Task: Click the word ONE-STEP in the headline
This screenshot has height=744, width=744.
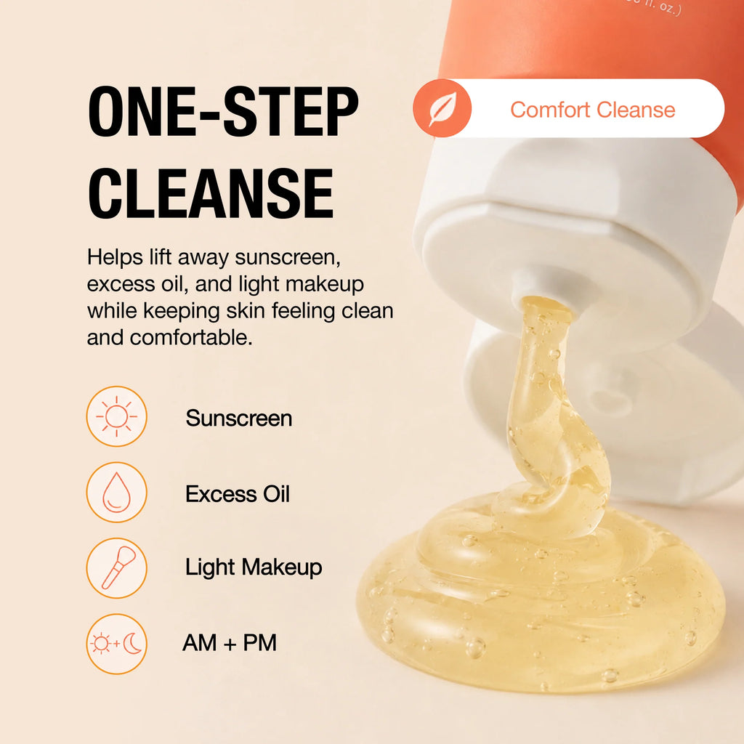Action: click(x=223, y=112)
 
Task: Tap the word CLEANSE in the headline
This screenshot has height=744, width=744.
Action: click(x=211, y=193)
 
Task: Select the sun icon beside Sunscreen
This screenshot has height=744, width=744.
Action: click(x=117, y=416)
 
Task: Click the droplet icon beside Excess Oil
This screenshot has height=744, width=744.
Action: click(x=117, y=492)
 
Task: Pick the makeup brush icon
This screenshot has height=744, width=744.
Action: click(x=117, y=568)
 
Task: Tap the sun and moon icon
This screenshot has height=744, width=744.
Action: click(x=117, y=644)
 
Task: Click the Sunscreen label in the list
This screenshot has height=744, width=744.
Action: click(x=238, y=418)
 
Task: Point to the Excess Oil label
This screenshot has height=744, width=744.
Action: click(x=238, y=494)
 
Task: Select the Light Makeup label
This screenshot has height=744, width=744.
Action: click(x=254, y=567)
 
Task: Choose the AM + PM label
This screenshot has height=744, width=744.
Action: click(x=230, y=643)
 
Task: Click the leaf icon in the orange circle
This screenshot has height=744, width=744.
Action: click(x=442, y=108)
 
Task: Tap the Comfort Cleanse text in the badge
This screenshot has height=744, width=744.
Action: click(x=593, y=110)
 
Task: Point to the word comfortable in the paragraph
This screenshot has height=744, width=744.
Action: click(x=191, y=337)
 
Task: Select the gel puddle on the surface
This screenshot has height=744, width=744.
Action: click(x=541, y=602)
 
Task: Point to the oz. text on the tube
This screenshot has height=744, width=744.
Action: click(x=669, y=8)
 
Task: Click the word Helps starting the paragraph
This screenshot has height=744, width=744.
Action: click(x=115, y=258)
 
